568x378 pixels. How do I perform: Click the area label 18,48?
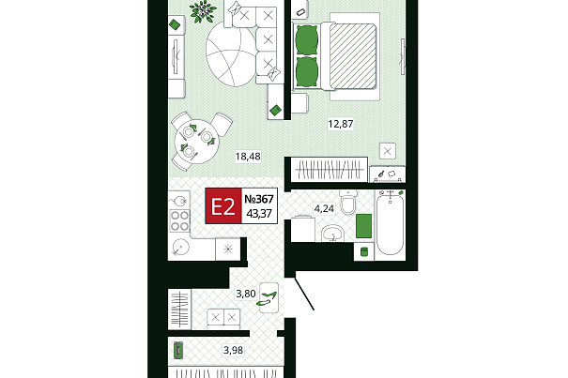(248, 157)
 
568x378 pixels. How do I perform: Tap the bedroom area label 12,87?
(340, 124)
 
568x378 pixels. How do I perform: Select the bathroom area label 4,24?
(324, 208)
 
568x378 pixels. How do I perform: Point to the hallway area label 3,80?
(246, 294)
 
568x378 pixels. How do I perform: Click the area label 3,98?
(233, 350)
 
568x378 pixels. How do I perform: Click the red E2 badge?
(223, 206)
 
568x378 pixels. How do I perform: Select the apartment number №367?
(259, 199)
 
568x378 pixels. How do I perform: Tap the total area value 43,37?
(259, 214)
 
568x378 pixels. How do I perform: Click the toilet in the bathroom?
(349, 203)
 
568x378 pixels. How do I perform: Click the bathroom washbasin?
(332, 233)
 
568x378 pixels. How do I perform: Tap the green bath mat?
(363, 226)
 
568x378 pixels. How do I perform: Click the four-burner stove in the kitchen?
(179, 220)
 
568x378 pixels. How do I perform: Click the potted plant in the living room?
(203, 11)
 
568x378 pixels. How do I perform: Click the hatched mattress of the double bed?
(352, 55)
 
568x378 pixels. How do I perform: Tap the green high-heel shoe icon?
(267, 298)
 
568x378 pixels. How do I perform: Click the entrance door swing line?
(304, 294)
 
